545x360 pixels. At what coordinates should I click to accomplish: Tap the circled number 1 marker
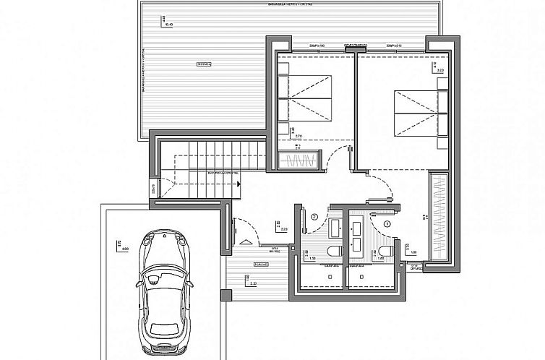[389, 224]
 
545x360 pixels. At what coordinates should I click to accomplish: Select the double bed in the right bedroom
[416, 112]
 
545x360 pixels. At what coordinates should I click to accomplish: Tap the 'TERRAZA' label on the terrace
[203, 64]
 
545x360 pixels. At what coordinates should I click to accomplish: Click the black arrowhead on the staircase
[238, 183]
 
